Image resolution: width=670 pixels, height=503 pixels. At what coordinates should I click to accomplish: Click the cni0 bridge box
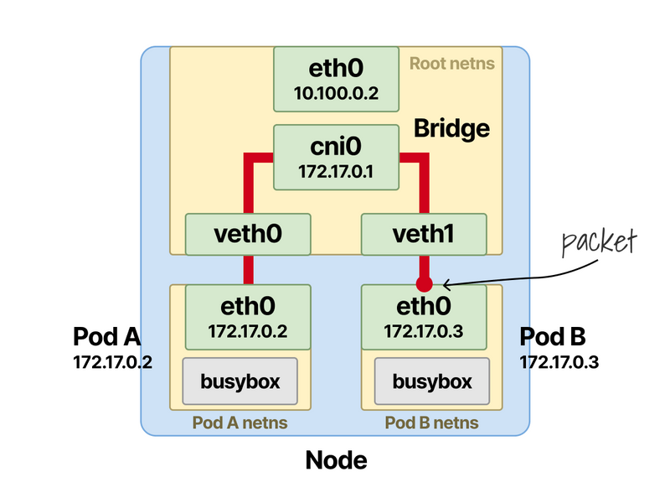coord(336,158)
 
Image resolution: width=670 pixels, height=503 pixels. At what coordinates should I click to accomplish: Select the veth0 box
coord(248,234)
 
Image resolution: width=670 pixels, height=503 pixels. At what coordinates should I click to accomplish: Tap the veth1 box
coord(423,234)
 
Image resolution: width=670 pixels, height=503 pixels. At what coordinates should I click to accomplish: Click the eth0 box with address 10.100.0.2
coord(336,78)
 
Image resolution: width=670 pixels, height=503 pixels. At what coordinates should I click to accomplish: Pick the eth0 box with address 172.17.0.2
coord(248,316)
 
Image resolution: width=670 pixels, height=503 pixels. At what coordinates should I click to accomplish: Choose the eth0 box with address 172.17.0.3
coord(424,316)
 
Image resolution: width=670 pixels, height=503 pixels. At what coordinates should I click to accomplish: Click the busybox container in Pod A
coord(240,382)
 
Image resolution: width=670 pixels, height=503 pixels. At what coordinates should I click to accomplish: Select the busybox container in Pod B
coord(432,382)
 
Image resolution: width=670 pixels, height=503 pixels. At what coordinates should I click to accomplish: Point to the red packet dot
coord(425,283)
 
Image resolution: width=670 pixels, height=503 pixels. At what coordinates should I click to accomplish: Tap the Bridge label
coord(451,128)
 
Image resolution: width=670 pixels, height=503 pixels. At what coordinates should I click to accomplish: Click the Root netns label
coord(452,63)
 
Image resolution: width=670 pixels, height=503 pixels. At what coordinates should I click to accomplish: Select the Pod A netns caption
coord(240,423)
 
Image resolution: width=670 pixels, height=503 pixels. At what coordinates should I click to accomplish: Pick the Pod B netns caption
coord(432,423)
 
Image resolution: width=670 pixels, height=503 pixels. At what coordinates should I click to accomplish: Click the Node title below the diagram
coord(336,460)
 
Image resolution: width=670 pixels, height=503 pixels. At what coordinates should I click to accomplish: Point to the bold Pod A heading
coord(106,337)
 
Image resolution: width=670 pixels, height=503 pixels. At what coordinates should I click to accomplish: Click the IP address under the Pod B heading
coord(559,363)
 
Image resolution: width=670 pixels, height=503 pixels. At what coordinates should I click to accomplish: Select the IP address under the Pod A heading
coord(112,363)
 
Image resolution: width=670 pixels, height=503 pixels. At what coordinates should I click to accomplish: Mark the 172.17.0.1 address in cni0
coord(336,172)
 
